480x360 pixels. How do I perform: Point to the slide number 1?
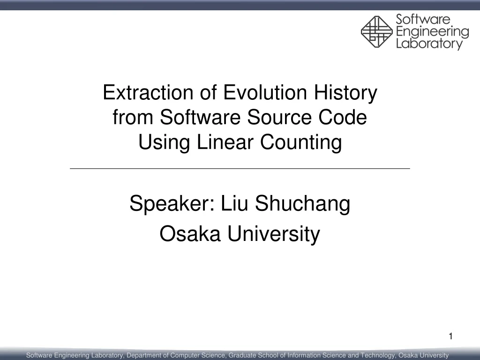450,336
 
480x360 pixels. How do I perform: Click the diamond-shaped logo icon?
376,31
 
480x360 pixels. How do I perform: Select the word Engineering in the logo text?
432,32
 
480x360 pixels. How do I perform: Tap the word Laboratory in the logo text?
429,44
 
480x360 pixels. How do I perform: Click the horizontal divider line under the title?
240,168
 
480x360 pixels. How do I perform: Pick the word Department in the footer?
143,355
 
